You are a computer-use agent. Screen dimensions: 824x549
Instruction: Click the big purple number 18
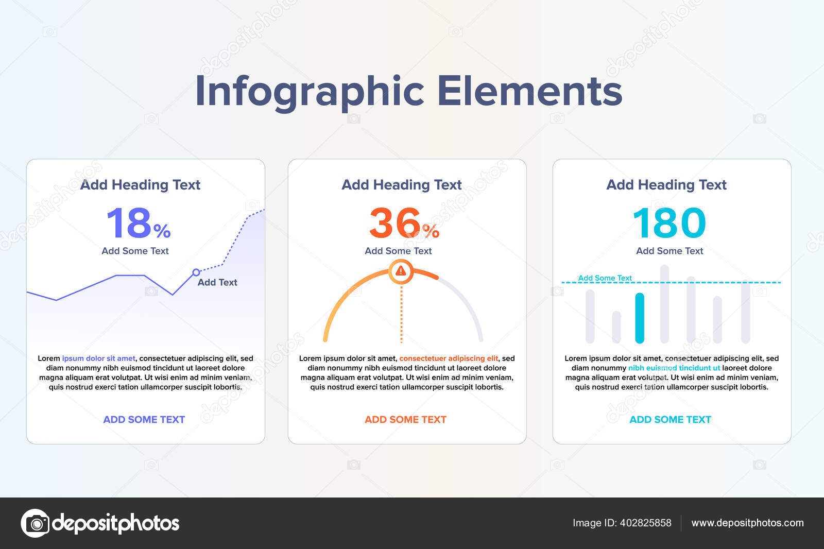pos(129,222)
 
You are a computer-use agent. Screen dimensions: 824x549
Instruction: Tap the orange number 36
pos(394,222)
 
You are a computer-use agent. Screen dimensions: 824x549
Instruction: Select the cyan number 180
pos(669,222)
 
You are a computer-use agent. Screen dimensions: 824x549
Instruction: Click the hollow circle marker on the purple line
pos(196,272)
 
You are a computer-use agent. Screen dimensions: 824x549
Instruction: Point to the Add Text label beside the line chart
pos(217,282)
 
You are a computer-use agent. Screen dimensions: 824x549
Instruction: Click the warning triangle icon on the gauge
pos(401,271)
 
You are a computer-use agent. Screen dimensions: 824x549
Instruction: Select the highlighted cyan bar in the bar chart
pos(640,318)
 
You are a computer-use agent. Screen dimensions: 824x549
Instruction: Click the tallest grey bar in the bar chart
pos(664,304)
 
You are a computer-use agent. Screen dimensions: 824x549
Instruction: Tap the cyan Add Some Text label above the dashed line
pos(605,278)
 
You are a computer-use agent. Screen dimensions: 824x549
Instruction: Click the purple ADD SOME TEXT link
pos(144,420)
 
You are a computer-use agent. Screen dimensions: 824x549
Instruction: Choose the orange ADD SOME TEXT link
pos(405,420)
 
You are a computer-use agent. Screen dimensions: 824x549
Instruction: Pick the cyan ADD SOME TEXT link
pos(670,420)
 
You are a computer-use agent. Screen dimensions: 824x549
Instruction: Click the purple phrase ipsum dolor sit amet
pos(98,358)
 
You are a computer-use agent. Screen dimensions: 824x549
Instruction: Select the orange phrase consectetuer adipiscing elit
pos(449,358)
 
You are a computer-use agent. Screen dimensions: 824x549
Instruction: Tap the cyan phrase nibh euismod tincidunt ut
pos(674,368)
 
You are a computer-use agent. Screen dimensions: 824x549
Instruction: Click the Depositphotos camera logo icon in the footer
pos(36,523)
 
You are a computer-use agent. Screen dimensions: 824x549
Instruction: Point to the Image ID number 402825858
pos(646,523)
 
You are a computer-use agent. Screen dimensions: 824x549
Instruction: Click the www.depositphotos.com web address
pos(747,523)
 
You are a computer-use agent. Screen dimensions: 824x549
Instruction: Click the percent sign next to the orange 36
pos(431,231)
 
